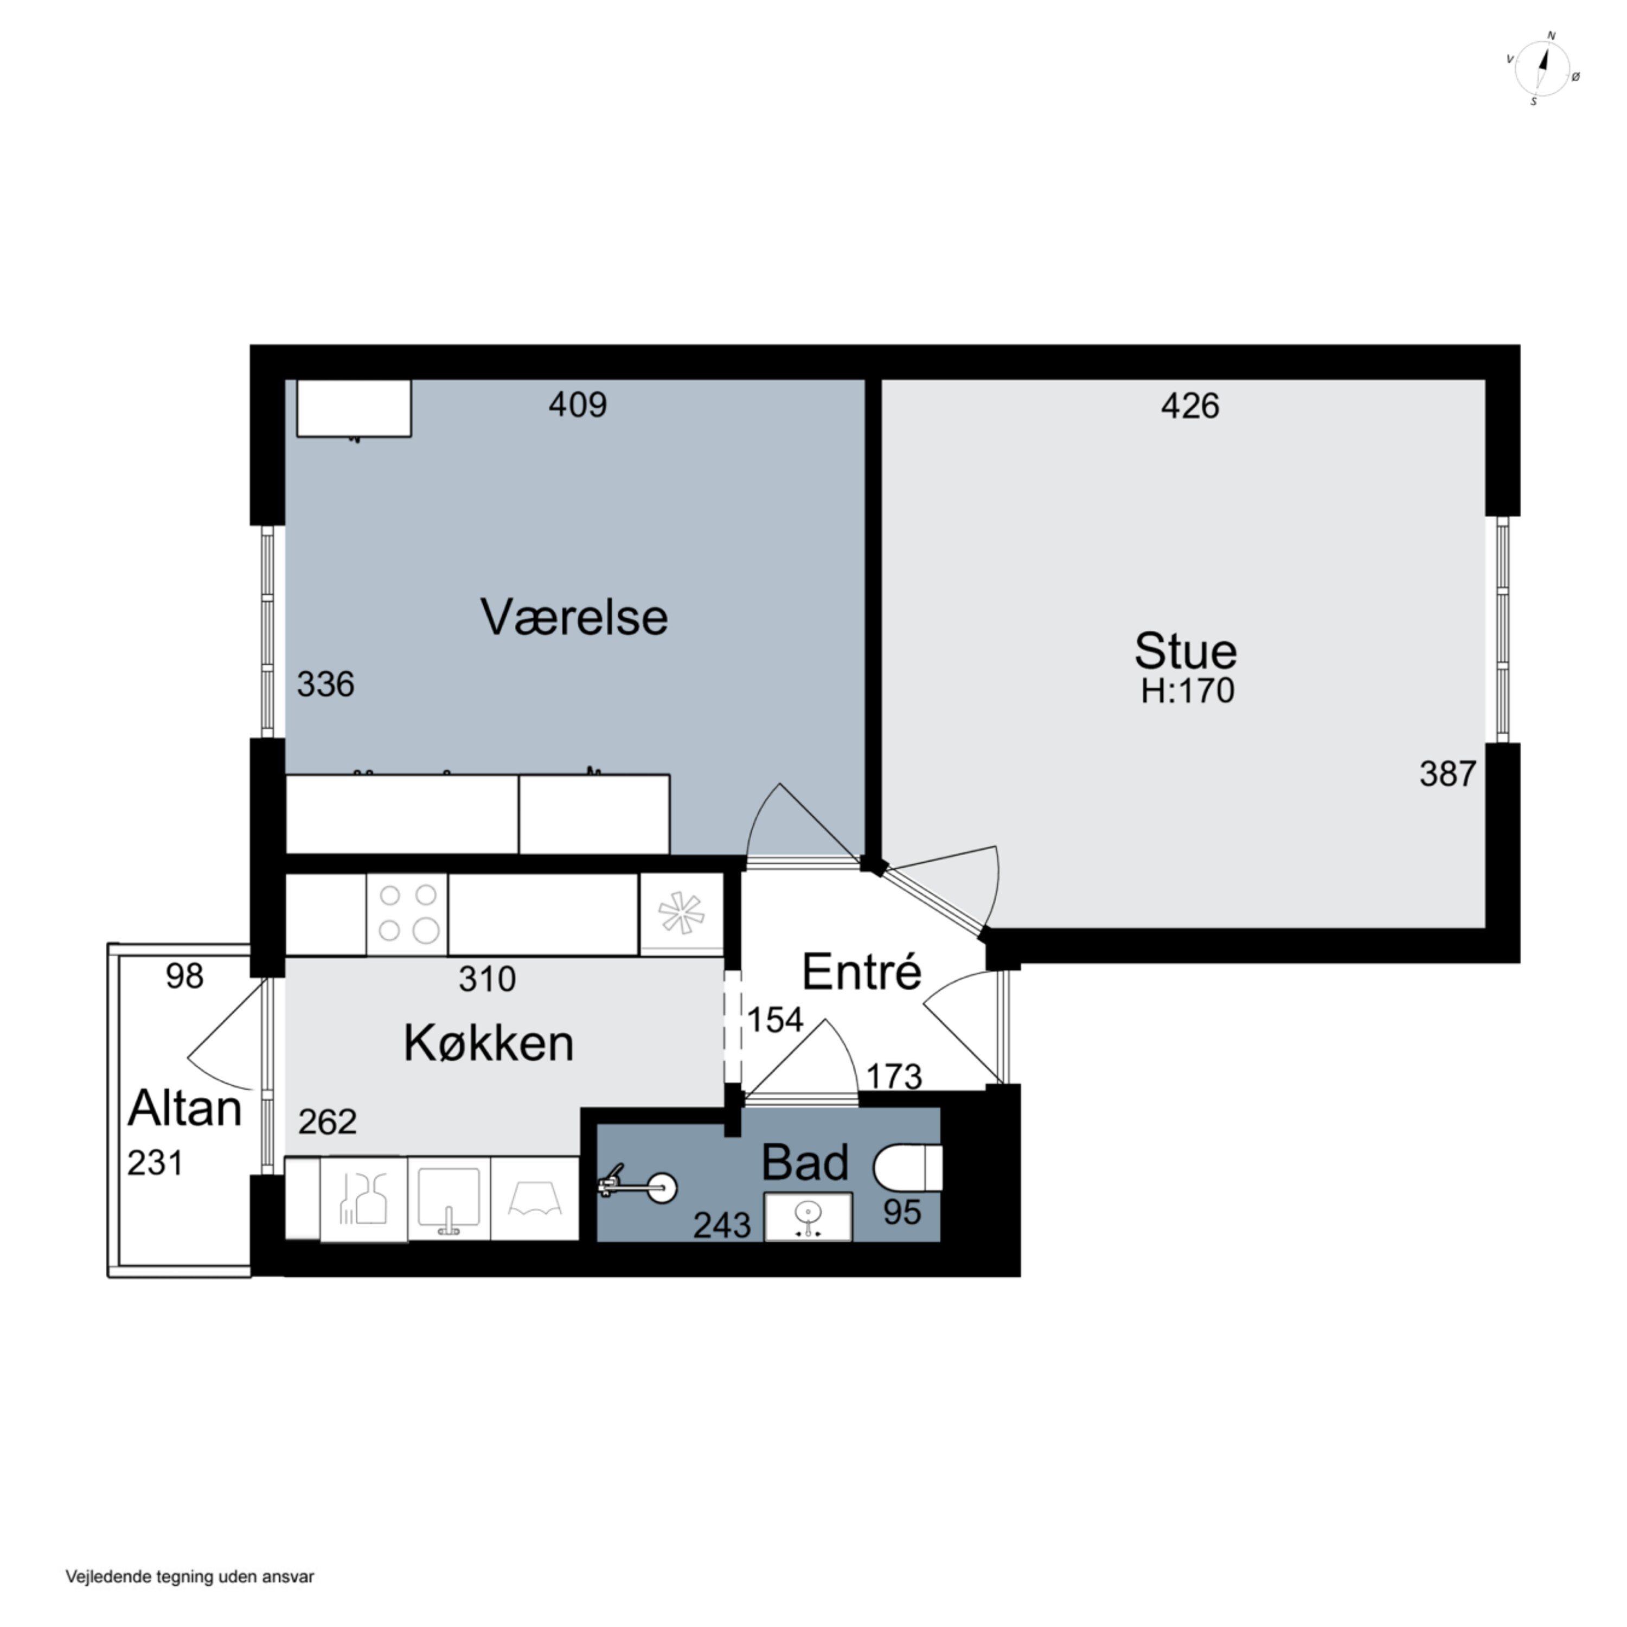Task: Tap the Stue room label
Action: coord(1185,650)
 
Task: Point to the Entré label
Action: coord(862,972)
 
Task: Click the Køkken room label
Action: coord(489,1043)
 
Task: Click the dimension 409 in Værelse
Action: coord(578,405)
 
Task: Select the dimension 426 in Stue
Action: coord(1190,407)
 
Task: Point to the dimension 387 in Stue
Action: coord(1447,774)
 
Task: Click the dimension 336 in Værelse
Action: coord(325,684)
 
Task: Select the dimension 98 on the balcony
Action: coord(184,976)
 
